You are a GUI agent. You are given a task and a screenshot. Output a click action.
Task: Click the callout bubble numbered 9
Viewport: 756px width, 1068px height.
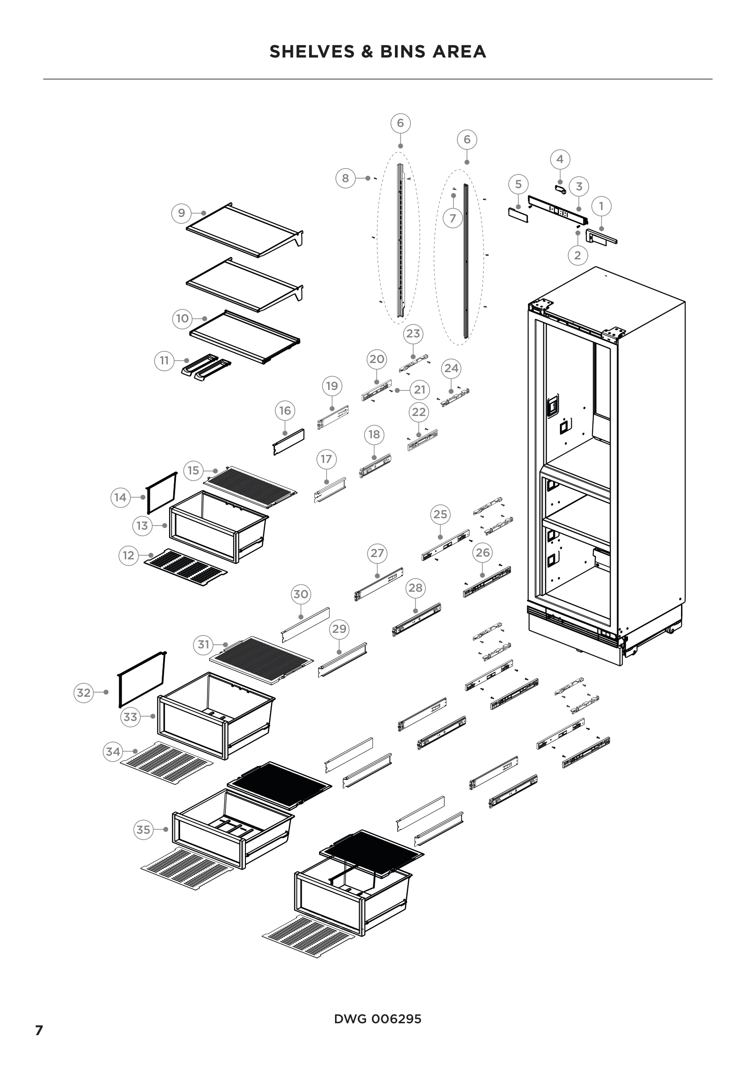[181, 213]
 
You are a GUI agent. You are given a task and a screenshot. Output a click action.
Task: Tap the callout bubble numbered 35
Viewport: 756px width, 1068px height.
[144, 829]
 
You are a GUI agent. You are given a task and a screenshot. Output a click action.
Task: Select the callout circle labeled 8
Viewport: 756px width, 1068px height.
[346, 178]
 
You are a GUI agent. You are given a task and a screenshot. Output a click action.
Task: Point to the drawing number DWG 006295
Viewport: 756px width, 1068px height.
[378, 1019]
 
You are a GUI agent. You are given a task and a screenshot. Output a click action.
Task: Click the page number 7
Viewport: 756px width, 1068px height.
[39, 1030]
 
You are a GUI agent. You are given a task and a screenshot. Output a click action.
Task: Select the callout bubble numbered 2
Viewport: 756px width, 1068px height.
[578, 255]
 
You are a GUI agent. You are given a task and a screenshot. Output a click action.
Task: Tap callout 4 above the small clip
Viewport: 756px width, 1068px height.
[560, 159]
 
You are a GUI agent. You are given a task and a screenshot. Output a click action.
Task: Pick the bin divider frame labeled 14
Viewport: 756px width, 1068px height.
[161, 492]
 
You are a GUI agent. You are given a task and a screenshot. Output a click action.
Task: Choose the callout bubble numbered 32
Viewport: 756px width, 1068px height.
[84, 693]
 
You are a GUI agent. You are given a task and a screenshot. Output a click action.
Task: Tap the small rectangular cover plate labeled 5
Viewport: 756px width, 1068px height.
[518, 216]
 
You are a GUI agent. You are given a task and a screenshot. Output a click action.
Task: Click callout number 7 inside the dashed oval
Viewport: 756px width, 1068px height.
[453, 218]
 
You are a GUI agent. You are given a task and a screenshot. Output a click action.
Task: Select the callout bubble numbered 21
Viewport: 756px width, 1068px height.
[420, 390]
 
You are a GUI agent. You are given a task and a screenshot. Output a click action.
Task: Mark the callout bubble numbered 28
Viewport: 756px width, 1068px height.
[415, 588]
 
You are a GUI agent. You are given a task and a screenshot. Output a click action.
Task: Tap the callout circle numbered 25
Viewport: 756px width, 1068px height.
[440, 514]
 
